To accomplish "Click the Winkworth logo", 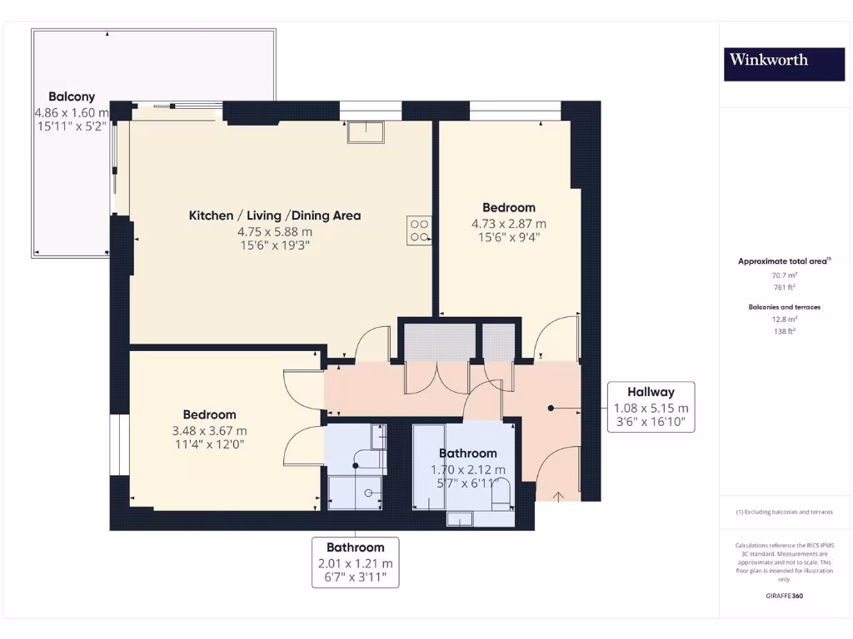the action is pos(784,65).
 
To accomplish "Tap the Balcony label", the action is pos(72,97).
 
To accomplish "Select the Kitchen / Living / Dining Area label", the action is pos(275,215).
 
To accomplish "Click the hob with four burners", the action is pos(420,230).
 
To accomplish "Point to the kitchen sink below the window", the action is pos(367,132).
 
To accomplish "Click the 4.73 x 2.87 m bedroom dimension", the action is pos(509,224).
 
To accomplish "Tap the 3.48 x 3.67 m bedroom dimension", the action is pos(209,431).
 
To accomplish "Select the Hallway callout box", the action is pos(651,407).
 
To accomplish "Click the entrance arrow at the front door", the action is pos(558,496).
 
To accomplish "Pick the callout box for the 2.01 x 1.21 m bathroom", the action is pos(355,562).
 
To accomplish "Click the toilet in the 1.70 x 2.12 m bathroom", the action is pos(501,494).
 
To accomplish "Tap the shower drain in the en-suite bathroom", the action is pos(368,493).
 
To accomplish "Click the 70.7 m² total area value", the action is pos(785,275).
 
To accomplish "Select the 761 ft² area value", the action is pos(785,287).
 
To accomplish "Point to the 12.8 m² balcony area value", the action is pos(785,319).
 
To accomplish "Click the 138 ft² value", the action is pos(785,331).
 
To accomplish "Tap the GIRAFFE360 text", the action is pos(785,596).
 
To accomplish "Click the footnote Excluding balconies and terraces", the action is pos(785,512).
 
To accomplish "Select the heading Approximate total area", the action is pos(784,261).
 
